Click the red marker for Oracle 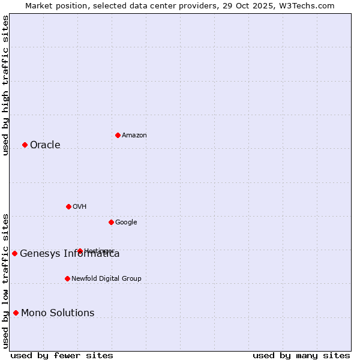25,145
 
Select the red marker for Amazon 118,135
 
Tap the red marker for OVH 68,206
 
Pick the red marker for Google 111,222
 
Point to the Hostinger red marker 80,251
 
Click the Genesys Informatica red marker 14,253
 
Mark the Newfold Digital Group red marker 67,278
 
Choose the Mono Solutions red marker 16,313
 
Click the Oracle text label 45,145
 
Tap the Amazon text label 134,135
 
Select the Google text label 126,222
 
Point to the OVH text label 80,206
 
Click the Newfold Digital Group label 106,278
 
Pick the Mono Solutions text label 58,313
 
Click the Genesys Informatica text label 70,253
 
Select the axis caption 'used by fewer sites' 62,355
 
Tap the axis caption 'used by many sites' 301,355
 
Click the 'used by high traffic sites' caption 5,85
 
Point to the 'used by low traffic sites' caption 5,280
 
